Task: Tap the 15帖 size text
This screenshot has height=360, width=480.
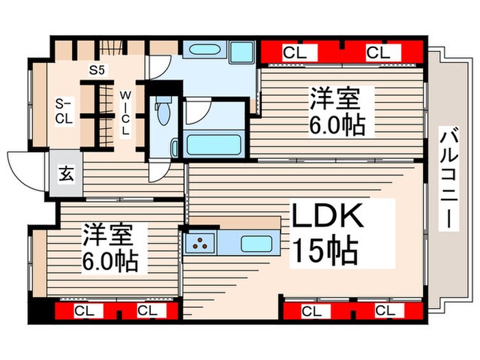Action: pyautogui.click(x=325, y=251)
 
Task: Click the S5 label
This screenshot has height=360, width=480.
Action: pyautogui.click(x=97, y=69)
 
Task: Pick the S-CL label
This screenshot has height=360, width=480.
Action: pyautogui.click(x=64, y=110)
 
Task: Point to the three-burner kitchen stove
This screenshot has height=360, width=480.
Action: pyautogui.click(x=201, y=242)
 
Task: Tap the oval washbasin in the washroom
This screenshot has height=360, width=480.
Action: pyautogui.click(x=202, y=51)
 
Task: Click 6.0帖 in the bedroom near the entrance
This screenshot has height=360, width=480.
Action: pyautogui.click(x=110, y=261)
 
